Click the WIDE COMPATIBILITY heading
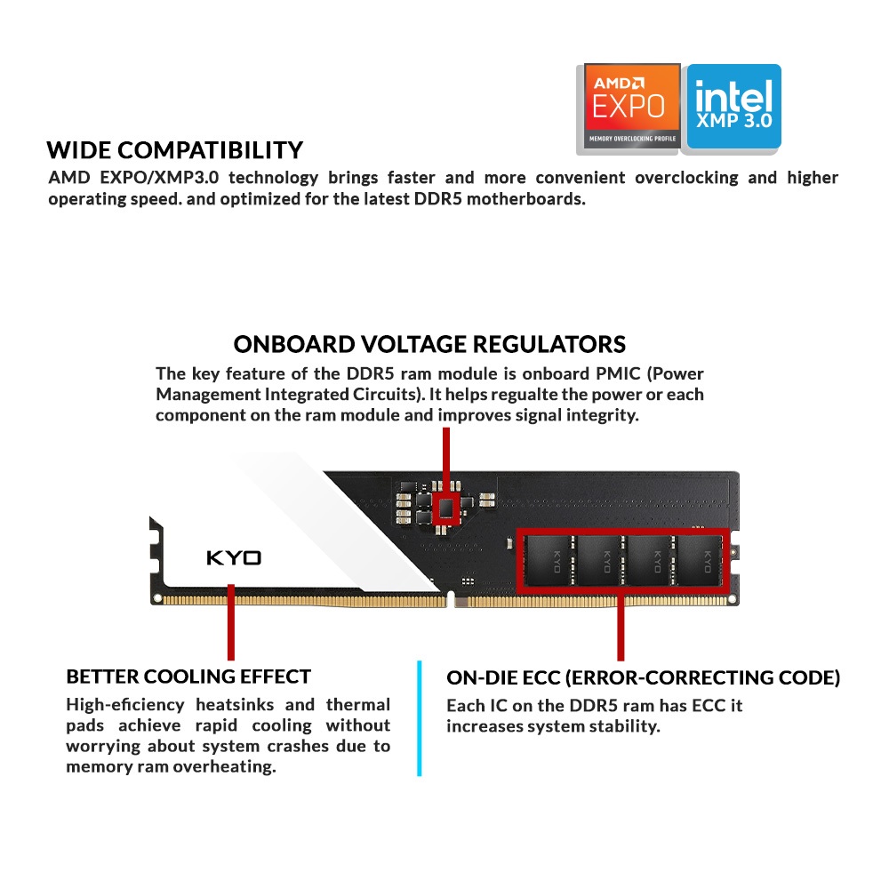[174, 150]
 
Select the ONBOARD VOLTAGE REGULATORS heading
[429, 344]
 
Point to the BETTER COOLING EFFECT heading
[188, 677]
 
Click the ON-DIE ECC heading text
[643, 677]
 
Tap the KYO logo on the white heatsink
[234, 558]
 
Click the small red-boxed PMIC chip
[447, 508]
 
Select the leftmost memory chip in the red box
[547, 561]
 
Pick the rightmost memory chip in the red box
[701, 561]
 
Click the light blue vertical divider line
[419, 717]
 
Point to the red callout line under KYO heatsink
[231, 622]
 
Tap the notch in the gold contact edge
[451, 598]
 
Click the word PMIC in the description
[618, 373]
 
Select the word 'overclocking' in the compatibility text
[686, 178]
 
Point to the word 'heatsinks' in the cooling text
[235, 705]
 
